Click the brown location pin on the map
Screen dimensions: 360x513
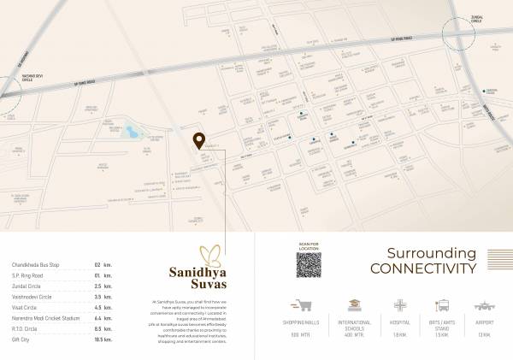coord(198,141)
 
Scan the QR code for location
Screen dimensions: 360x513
coord(310,267)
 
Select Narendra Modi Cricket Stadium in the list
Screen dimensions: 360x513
coord(44,316)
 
